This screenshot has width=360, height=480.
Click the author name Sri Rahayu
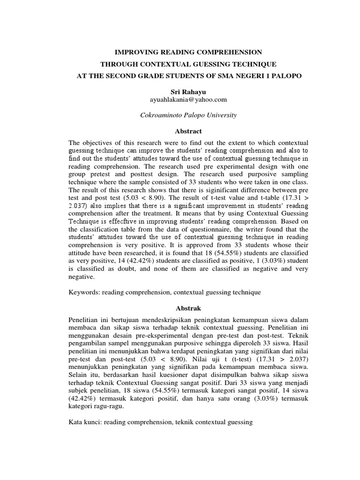(180, 92)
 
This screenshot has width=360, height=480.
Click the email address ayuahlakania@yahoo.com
(180, 100)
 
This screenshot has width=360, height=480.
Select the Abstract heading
(180, 131)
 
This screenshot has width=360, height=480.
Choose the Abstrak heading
(180, 308)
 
